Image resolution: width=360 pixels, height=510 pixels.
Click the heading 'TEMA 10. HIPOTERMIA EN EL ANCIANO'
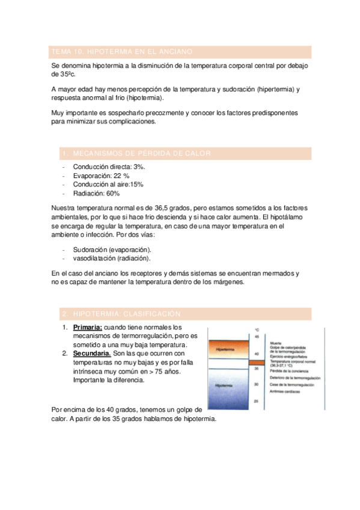(x=130, y=52)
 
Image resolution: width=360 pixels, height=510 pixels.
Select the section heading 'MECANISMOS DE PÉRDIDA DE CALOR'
(x=142, y=153)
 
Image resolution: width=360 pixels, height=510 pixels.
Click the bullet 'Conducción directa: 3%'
(x=109, y=166)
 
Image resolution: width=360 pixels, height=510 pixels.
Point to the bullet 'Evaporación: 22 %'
(x=101, y=175)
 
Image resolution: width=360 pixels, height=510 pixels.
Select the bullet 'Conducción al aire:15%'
(x=108, y=184)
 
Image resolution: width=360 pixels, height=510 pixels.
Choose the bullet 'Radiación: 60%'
(x=96, y=194)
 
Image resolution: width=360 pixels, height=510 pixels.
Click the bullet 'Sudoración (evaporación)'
(x=112, y=249)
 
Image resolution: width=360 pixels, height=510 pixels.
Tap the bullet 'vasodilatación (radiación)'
(x=111, y=259)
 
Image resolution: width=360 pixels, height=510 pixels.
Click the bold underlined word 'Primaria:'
(x=88, y=327)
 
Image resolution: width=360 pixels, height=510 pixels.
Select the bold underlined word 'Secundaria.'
(x=91, y=354)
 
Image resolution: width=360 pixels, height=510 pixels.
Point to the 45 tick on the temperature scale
(x=257, y=337)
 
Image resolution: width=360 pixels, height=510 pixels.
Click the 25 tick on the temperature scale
(x=257, y=401)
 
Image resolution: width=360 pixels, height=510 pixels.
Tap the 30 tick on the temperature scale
(x=257, y=384)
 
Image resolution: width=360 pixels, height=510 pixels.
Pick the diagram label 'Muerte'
(x=276, y=341)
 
